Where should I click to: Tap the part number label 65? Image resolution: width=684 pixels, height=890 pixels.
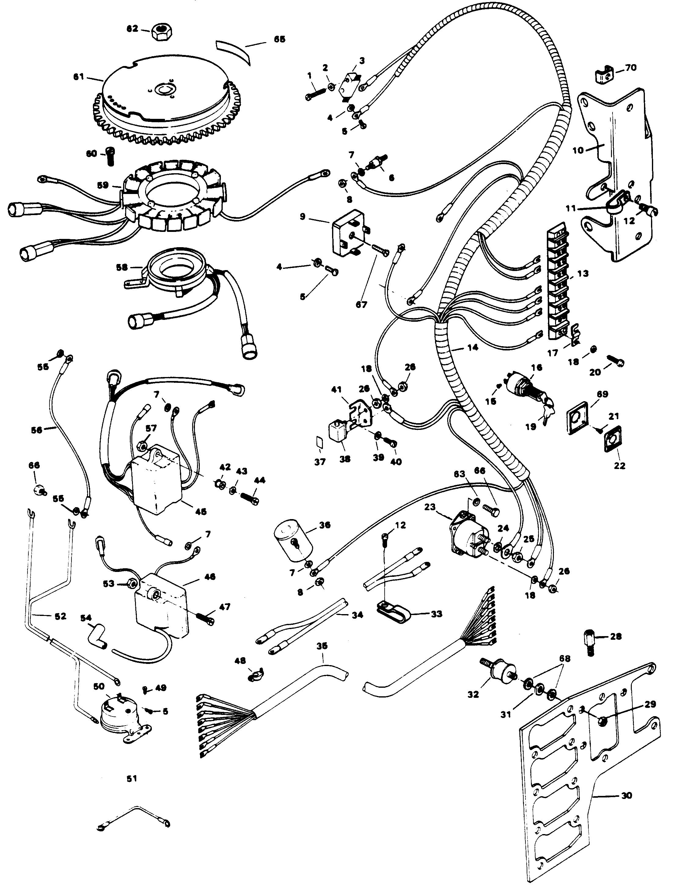point(279,39)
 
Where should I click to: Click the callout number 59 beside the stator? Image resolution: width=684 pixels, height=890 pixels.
point(103,185)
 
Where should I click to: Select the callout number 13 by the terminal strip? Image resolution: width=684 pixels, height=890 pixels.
point(583,273)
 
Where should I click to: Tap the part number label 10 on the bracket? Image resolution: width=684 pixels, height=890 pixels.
point(578,150)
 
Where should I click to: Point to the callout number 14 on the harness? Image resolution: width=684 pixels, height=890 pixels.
point(472,348)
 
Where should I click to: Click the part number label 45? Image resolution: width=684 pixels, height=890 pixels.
point(200,511)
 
